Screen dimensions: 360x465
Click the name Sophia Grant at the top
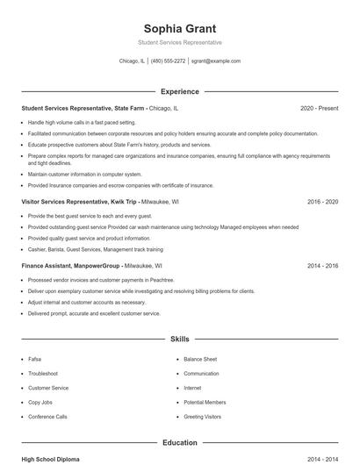click(x=180, y=28)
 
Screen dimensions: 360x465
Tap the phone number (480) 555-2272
click(x=168, y=61)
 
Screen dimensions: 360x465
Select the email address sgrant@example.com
click(x=216, y=61)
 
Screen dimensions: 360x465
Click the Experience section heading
click(x=180, y=91)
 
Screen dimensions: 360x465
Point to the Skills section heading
click(x=180, y=338)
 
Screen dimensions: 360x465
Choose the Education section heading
click(x=180, y=443)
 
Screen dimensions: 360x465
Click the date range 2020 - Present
click(x=319, y=109)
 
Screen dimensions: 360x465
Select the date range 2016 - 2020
click(x=322, y=201)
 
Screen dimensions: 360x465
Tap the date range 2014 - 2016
click(x=322, y=265)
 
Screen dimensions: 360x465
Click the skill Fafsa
click(x=36, y=359)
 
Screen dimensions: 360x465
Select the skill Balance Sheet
click(x=199, y=359)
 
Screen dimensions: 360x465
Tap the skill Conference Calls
click(x=47, y=417)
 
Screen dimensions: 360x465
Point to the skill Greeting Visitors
click(x=202, y=417)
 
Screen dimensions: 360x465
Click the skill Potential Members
click(x=205, y=402)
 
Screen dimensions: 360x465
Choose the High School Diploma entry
click(x=51, y=459)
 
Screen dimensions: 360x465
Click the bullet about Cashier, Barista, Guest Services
click(x=82, y=249)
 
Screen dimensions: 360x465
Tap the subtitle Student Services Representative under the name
click(x=180, y=42)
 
